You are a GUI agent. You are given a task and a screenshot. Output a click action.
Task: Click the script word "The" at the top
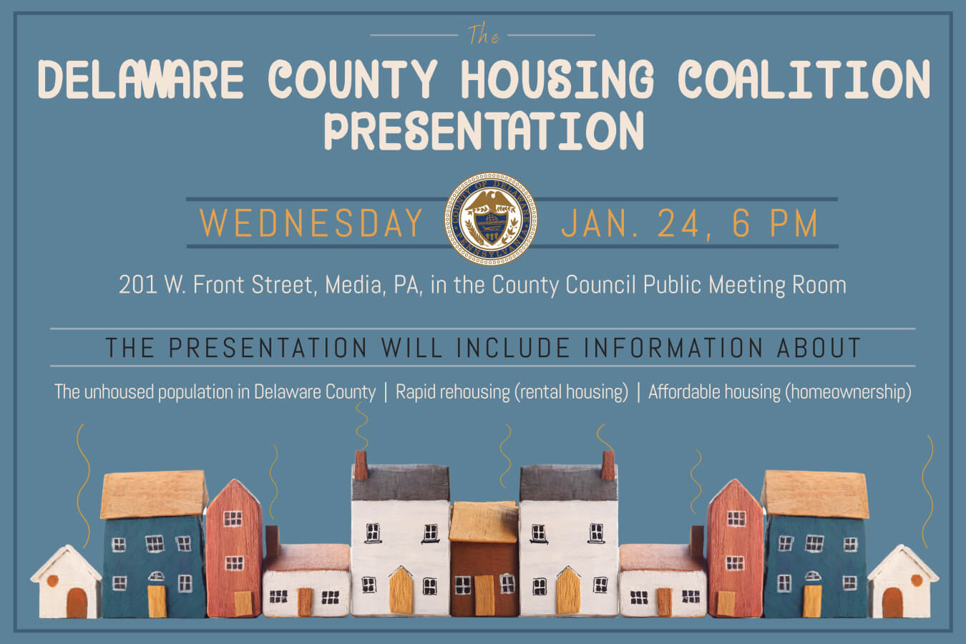point(484,34)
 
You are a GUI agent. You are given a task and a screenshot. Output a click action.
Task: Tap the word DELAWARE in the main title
point(140,79)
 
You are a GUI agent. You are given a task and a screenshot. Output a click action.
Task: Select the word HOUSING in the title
point(557,79)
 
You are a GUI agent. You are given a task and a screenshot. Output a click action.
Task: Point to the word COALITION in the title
point(804,79)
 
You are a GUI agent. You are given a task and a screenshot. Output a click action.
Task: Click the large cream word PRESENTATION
point(484,130)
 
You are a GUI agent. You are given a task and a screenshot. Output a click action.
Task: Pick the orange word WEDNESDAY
point(311,223)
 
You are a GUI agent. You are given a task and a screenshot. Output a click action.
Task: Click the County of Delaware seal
point(491,219)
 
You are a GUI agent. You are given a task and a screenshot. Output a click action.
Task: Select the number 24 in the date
point(678,223)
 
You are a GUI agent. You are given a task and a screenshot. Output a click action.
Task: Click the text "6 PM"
point(775,223)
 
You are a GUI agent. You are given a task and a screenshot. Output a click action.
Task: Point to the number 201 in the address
point(137,285)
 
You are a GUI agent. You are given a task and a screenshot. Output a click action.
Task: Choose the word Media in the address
point(353,285)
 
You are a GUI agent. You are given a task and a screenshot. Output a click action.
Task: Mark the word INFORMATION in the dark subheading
point(673,348)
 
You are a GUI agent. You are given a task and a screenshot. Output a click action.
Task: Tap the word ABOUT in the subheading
point(819,348)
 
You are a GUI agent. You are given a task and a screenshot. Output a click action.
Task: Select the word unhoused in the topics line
point(119,391)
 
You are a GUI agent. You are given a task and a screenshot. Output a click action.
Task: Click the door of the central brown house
point(484,595)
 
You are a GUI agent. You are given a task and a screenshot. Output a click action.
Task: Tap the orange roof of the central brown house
point(484,522)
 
